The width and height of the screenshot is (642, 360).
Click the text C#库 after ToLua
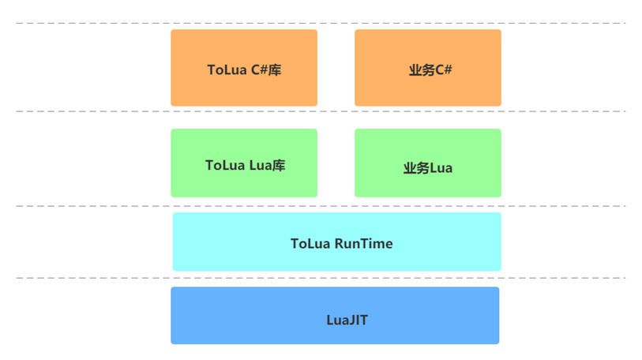pyautogui.click(x=266, y=70)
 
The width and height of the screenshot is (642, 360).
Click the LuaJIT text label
pyautogui.click(x=347, y=320)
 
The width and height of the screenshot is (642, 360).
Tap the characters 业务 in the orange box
pyautogui.click(x=422, y=70)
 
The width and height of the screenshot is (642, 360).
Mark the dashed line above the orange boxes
pyautogui.click(x=95, y=23)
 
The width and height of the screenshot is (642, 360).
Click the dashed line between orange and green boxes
pyautogui.click(x=95, y=111)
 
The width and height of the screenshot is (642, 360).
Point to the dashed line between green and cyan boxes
pyautogui.click(x=95, y=206)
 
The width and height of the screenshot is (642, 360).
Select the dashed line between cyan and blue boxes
pyautogui.click(x=95, y=278)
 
